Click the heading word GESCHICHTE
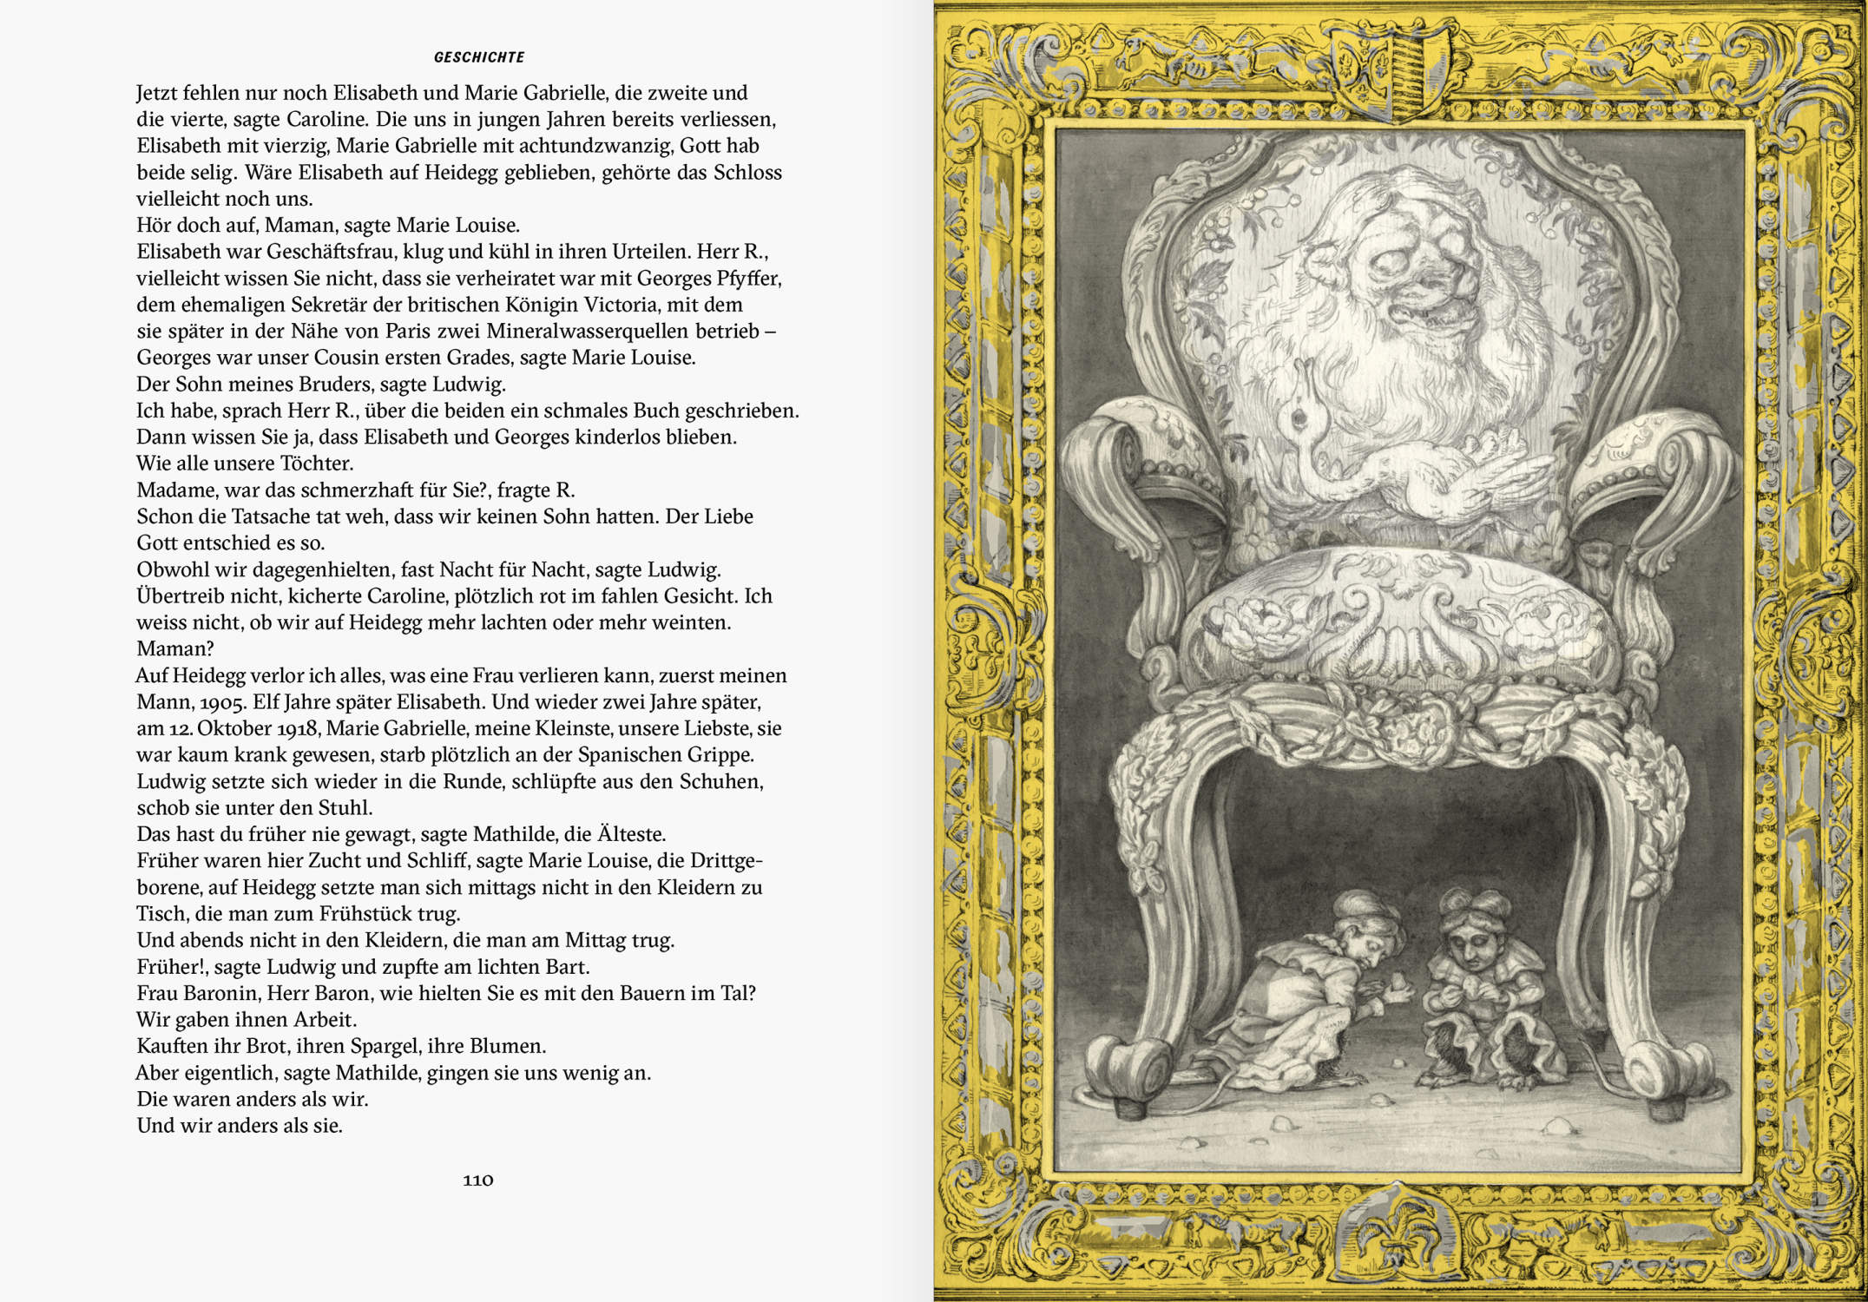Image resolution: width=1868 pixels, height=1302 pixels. pyautogui.click(x=479, y=57)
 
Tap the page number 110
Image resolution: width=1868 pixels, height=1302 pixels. pyautogui.click(x=478, y=1180)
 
